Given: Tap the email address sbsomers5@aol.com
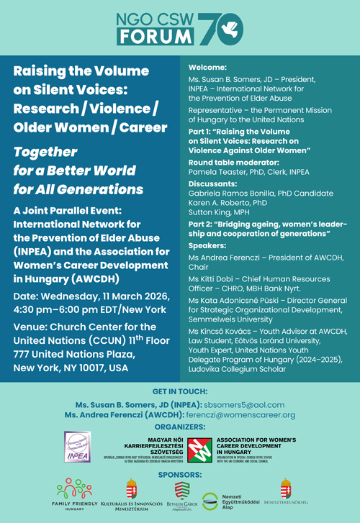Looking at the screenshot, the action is pyautogui.click(x=243, y=405).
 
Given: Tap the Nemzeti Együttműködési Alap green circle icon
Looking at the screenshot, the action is pyautogui.click(x=210, y=501).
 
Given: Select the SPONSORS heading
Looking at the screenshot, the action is pyautogui.click(x=180, y=476).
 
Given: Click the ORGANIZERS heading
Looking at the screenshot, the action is pyautogui.click(x=180, y=426).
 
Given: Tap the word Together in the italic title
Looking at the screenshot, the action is pyautogui.click(x=45, y=152).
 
